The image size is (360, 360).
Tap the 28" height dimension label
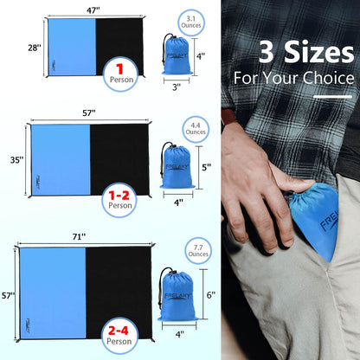tap(33, 48)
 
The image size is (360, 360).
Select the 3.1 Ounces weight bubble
tap(190, 22)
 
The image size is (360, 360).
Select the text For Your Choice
tap(294, 78)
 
